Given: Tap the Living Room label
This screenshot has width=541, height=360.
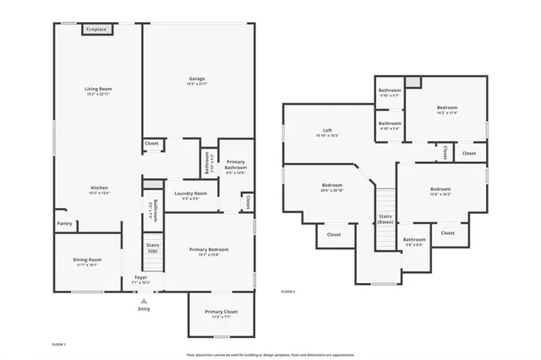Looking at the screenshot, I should point(98,89).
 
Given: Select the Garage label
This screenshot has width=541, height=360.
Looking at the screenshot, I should point(197,79).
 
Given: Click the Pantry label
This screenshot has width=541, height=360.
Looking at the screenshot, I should point(64,223).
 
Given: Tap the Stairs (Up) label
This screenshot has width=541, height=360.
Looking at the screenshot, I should point(153,248).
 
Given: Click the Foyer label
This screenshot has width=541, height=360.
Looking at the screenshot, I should point(141,277).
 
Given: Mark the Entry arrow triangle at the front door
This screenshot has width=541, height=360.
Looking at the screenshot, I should point(144,300).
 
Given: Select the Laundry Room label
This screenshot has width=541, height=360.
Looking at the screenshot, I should point(190,194).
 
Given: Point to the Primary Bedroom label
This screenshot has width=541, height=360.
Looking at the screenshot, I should point(209,249).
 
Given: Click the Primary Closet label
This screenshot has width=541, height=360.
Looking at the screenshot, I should point(221,312).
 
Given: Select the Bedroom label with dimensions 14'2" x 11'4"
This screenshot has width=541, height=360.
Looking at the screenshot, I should point(447,107).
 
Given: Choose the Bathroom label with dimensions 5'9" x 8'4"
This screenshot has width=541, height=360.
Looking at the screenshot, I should point(414,240).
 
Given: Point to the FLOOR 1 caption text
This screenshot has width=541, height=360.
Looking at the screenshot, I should point(58,345).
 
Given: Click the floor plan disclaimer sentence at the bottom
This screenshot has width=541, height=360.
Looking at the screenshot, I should point(270,355).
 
